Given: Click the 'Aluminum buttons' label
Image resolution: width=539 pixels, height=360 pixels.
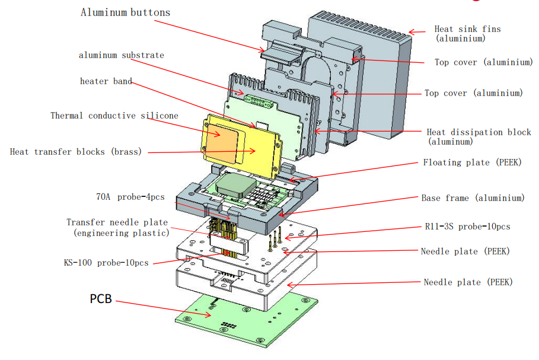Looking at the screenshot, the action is (126, 12).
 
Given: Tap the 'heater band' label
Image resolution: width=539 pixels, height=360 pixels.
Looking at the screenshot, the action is (106, 81).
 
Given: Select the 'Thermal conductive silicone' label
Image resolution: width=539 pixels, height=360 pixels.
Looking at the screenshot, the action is (114, 116).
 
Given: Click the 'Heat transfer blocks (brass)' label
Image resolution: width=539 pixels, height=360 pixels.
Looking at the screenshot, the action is (76, 152).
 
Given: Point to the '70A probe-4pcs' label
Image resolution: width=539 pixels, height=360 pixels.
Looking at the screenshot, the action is (130, 197).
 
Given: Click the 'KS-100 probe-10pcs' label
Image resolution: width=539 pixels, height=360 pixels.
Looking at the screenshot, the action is (106, 263).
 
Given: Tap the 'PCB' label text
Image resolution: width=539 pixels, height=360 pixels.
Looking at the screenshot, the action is (101, 298).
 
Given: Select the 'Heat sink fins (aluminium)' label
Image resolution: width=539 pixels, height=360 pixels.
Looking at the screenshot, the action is (467, 33).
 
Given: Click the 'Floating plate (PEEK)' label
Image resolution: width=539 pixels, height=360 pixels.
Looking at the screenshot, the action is (473, 163).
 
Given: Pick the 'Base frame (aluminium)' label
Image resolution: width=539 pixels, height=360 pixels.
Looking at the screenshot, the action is (473, 198).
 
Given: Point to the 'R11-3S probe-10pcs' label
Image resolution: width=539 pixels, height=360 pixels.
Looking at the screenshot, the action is (467, 227).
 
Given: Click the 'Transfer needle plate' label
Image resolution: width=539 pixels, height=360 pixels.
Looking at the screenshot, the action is (117, 228).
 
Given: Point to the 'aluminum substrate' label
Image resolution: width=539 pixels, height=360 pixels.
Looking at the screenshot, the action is (122, 55).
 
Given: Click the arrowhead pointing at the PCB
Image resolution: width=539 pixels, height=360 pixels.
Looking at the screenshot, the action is (208, 314).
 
